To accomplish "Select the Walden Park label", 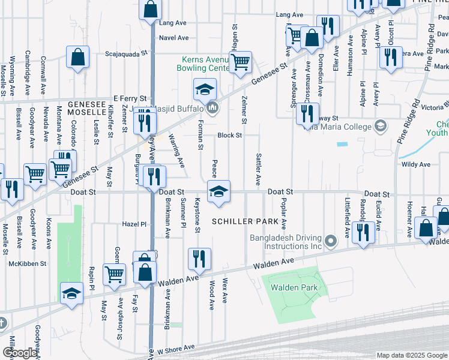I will click(x=293, y=287).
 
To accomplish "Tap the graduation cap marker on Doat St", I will click(x=218, y=191).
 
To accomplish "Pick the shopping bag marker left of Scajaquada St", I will click(x=78, y=58).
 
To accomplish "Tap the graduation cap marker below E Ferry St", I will click(x=205, y=91).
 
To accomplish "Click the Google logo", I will click(x=20, y=353).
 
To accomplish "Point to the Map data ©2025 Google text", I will click(x=412, y=355).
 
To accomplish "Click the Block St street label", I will click(x=229, y=136).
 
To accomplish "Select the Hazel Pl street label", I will click(x=134, y=224).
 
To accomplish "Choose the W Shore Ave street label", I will click(x=176, y=347).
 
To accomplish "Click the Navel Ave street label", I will click(x=174, y=38).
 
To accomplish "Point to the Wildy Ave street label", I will click(x=416, y=164).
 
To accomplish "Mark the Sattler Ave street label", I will click(x=259, y=169).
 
